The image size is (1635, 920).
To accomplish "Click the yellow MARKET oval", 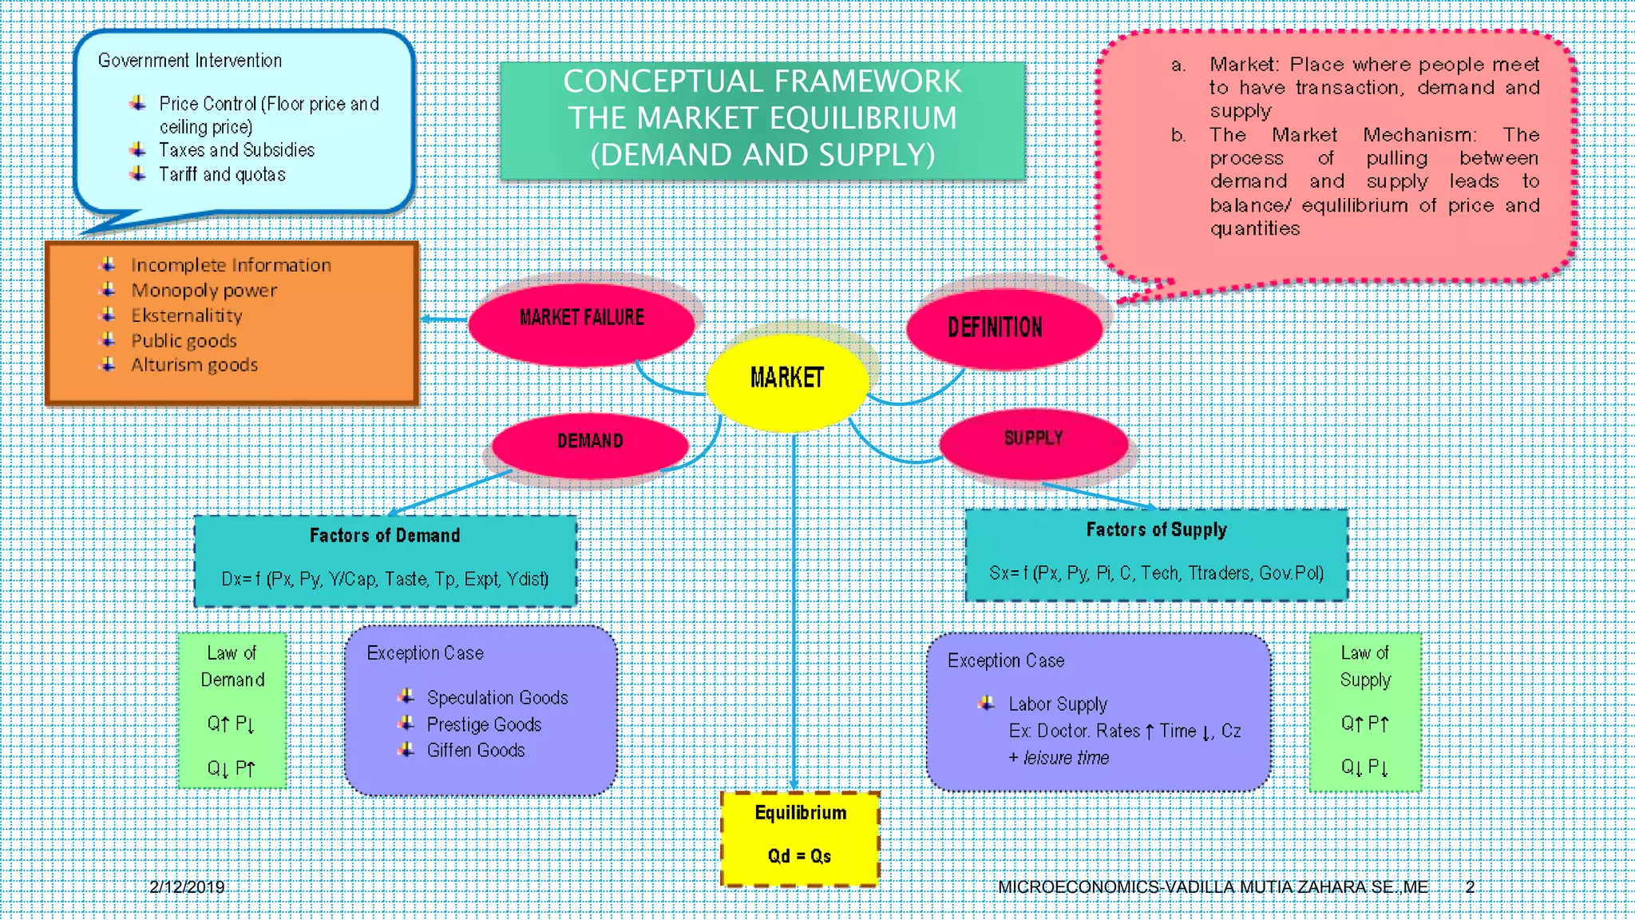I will coord(787,380).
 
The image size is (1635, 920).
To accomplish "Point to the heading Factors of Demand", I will coord(385,536).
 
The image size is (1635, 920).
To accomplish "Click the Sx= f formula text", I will coord(1156,573).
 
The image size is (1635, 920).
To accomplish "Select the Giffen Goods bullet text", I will coord(476,751).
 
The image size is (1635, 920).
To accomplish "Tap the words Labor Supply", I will coord(1058,704).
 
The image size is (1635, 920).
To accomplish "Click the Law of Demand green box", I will coord(232,710).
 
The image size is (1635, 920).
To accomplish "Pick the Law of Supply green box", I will coord(1365,712).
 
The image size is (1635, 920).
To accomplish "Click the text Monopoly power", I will coord(204,291).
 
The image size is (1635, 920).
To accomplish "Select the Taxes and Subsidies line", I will coord(236,150).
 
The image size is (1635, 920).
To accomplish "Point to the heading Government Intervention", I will coord(190,61).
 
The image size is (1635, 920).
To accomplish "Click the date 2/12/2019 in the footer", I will coord(187,887).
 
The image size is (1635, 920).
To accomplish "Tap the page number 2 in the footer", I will coord(1470,887).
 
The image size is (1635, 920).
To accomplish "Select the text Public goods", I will coord(184,341).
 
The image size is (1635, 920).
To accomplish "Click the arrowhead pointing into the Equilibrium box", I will coord(794,785).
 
